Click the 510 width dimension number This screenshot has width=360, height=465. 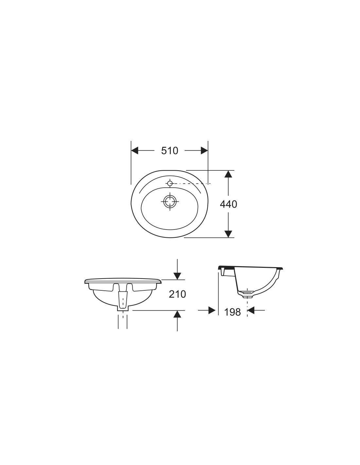click(170, 151)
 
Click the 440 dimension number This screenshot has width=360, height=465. click(228, 204)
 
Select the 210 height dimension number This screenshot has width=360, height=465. click(177, 294)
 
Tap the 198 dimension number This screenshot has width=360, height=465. click(232, 312)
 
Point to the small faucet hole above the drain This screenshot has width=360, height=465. click(170, 183)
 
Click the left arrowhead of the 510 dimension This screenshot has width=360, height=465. click(135, 151)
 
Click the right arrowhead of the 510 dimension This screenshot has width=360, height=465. click(204, 151)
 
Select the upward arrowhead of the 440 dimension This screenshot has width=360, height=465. click(228, 174)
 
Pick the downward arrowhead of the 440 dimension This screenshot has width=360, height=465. click(228, 234)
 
